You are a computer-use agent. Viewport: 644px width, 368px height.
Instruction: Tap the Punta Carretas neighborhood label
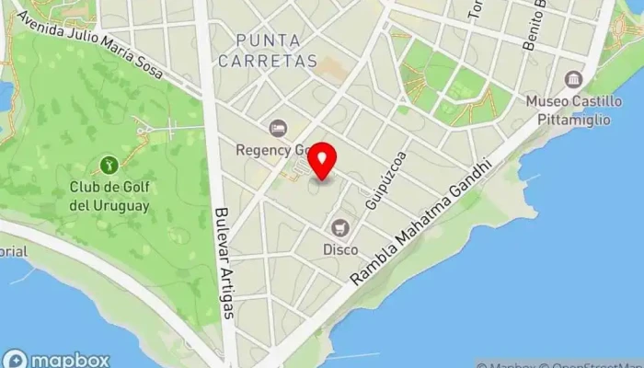click(x=276, y=51)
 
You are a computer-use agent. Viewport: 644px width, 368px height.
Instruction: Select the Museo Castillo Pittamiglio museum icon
click(x=574, y=79)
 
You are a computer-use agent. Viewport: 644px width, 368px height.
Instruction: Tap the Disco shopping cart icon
click(x=340, y=227)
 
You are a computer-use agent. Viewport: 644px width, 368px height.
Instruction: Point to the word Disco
click(x=340, y=248)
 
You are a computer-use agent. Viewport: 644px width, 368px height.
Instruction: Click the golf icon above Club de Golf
click(x=109, y=166)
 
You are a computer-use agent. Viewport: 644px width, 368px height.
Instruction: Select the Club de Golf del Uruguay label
click(x=109, y=196)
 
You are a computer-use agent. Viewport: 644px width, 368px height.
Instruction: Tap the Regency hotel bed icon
click(x=275, y=127)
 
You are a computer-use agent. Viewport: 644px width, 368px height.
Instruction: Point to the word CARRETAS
click(x=276, y=62)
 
